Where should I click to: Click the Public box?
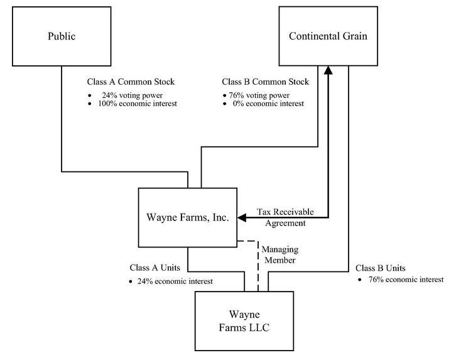(62, 36)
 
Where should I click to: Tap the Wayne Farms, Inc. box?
(187, 217)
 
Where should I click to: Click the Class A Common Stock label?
(131, 82)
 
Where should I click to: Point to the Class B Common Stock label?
(266, 82)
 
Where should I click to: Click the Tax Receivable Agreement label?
(285, 217)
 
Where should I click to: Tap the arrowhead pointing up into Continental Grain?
(328, 70)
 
